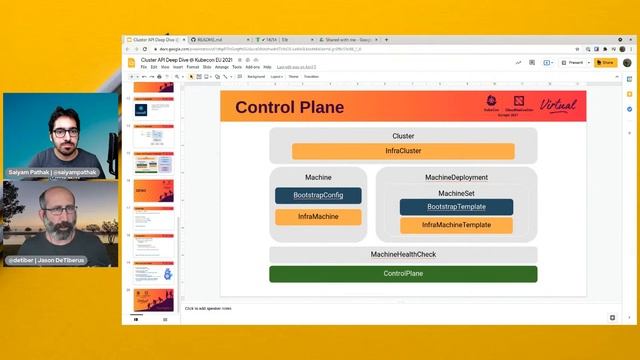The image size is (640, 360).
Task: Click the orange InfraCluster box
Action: pyautogui.click(x=403, y=152)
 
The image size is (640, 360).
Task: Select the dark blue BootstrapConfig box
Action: pyautogui.click(x=319, y=195)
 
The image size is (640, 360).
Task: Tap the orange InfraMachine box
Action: pyautogui.click(x=319, y=217)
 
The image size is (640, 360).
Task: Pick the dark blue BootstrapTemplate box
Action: pyautogui.click(x=456, y=207)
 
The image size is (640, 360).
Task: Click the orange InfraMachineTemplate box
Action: pyautogui.click(x=456, y=225)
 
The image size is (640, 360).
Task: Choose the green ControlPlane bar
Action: pyautogui.click(x=403, y=273)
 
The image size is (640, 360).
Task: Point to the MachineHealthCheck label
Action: pyautogui.click(x=403, y=255)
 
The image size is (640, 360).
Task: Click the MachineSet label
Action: pyautogui.click(x=456, y=192)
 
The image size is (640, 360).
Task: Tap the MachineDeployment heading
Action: pyautogui.click(x=456, y=177)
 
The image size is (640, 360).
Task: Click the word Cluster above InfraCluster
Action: pyautogui.click(x=403, y=136)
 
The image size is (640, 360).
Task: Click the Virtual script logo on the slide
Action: pyautogui.click(x=557, y=105)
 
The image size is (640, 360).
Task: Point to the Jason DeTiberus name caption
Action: pyautogui.click(x=47, y=260)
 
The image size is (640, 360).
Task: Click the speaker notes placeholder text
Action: pyautogui.click(x=213, y=309)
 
